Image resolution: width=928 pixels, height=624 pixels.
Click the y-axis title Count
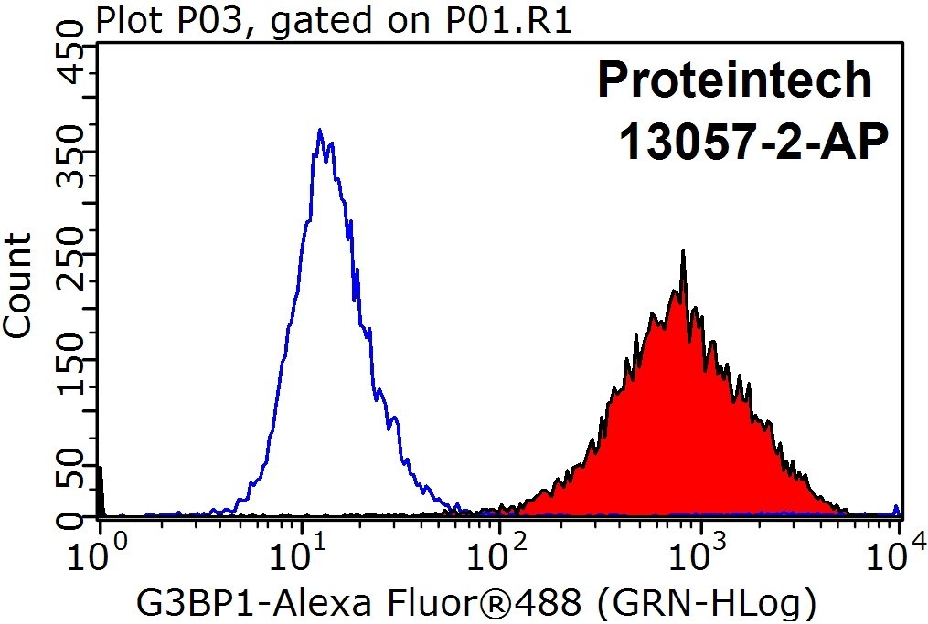coord(17,286)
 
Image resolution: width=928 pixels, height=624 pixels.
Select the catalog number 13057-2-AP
coord(753,142)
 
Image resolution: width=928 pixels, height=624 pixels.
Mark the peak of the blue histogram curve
coord(320,129)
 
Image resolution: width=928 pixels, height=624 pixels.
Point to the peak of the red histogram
coord(684,250)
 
